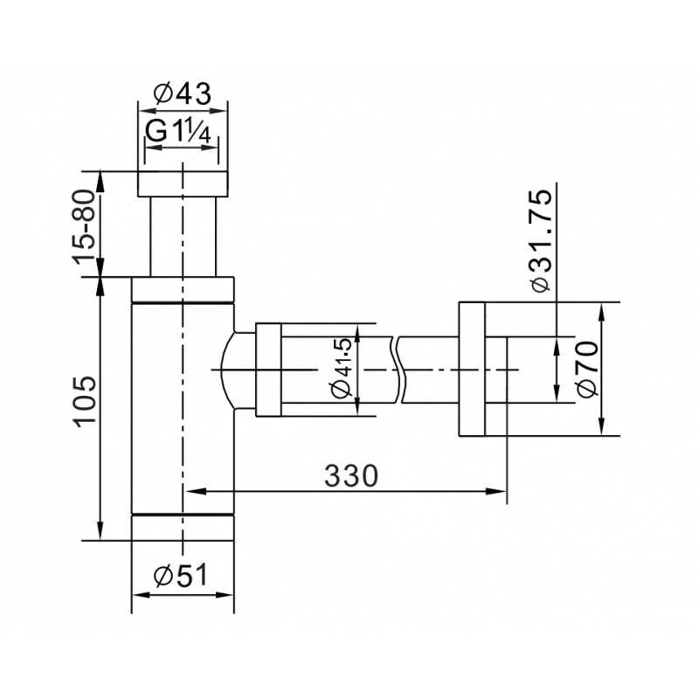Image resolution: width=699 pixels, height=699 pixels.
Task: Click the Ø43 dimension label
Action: [x=182, y=93]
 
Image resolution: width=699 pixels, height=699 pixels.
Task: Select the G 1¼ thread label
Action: [x=179, y=132]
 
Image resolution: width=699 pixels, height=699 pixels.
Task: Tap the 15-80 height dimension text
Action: [x=84, y=227]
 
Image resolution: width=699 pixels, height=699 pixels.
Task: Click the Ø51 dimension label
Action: [x=181, y=575]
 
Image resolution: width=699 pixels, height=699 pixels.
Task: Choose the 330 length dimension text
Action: [x=351, y=475]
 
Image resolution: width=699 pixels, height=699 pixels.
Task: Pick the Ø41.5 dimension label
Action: [x=342, y=369]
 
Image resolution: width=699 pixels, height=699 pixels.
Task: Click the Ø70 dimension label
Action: [x=586, y=369]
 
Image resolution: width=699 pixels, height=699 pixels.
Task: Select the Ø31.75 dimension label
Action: [x=540, y=241]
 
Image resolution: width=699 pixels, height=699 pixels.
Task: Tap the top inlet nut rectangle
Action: [x=183, y=183]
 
